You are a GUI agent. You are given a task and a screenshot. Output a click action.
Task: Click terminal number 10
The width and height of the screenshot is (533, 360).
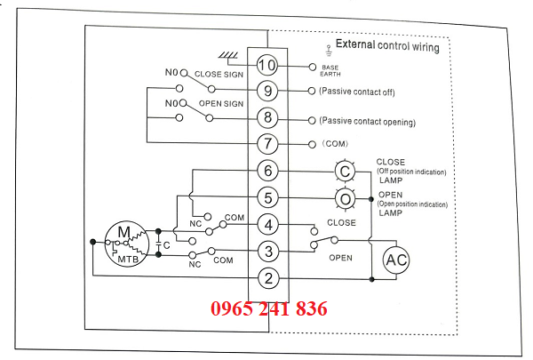coord(268,65)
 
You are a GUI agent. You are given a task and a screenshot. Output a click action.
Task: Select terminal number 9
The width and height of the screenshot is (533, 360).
coord(268,91)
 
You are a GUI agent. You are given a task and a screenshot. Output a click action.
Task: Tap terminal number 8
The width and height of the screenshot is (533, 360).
coord(268,117)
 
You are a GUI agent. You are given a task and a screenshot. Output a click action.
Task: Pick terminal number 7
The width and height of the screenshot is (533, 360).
coord(268,143)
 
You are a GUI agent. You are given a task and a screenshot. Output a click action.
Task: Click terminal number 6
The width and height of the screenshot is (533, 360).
coord(268,170)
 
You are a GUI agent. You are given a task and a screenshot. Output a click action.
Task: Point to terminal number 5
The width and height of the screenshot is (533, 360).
coord(268,196)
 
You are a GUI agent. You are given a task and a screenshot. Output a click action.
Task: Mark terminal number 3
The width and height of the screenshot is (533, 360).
coord(268,251)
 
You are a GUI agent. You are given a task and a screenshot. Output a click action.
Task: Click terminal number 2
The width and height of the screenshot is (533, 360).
coord(268,277)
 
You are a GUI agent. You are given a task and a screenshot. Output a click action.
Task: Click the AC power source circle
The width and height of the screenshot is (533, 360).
coord(396,260)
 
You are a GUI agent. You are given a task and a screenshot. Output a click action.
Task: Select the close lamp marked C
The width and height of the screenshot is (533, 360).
coord(344,172)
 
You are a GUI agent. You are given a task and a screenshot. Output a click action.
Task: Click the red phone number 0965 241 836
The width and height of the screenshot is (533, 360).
coord(268,309)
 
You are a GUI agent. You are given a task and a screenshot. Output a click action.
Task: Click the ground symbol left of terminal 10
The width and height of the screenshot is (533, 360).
coord(230,58)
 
